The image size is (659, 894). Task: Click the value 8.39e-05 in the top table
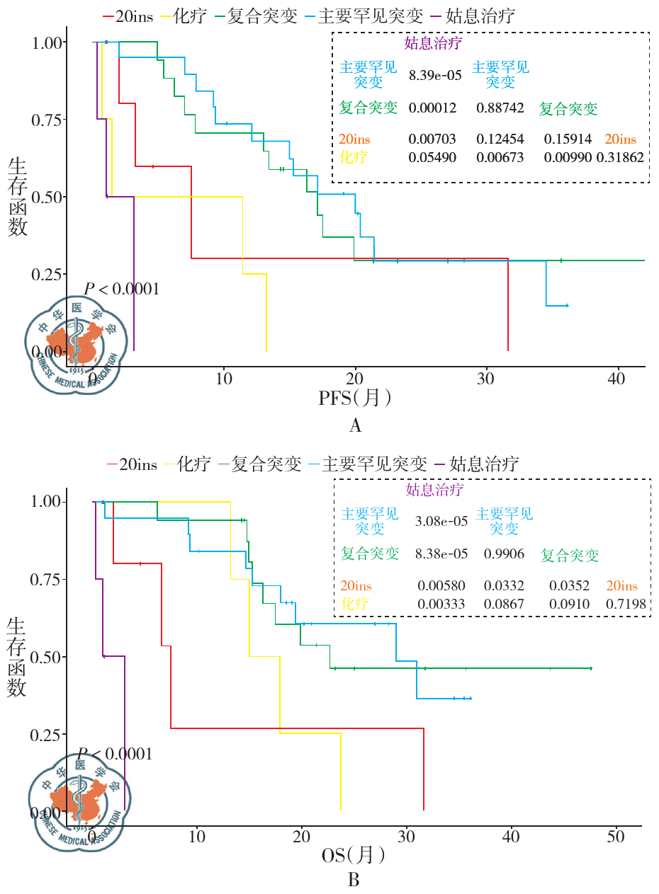432,72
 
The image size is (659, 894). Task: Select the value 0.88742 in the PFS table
500,108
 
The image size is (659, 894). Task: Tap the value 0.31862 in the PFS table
620,157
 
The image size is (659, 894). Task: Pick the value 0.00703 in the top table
432,139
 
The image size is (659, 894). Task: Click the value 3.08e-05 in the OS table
441,522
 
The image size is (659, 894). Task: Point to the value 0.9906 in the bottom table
505,554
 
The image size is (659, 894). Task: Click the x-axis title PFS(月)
355,399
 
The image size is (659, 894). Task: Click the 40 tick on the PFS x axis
617,377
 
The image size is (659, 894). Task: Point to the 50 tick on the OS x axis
616,837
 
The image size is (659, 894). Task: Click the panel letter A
355,425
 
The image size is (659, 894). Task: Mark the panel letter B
354,881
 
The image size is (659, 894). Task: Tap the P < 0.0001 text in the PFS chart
121,289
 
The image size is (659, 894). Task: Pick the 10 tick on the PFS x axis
223,377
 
